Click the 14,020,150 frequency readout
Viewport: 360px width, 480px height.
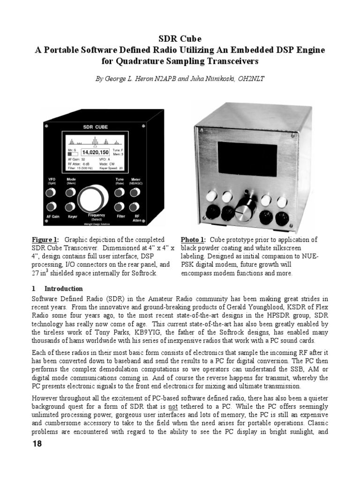tap(95, 152)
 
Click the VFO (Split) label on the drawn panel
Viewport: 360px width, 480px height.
tap(52, 181)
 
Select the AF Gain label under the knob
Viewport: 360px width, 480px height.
tap(52, 217)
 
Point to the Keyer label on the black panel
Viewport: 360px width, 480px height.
tap(72, 217)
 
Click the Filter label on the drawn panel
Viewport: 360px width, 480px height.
tap(121, 217)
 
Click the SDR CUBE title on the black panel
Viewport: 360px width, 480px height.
tap(95, 127)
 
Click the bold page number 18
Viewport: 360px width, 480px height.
tap(37, 443)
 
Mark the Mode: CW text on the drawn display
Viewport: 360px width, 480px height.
tap(109, 164)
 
